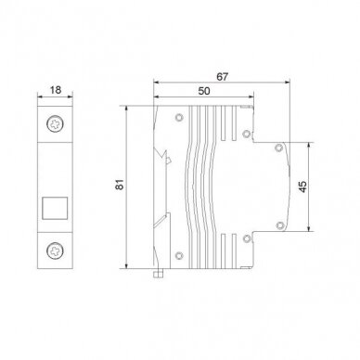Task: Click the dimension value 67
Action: (x=222, y=76)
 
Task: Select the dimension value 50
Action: (x=204, y=91)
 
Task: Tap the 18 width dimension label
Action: (x=56, y=90)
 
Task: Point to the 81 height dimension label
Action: (x=120, y=185)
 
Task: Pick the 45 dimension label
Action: (x=303, y=186)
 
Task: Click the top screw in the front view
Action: (x=56, y=124)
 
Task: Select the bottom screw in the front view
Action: (x=56, y=251)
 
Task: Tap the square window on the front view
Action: (x=55, y=208)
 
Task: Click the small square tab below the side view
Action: (x=159, y=274)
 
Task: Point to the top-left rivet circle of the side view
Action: (x=179, y=118)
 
